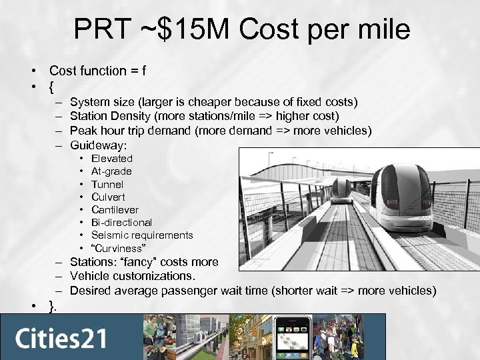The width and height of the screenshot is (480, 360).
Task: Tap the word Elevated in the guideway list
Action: point(111,159)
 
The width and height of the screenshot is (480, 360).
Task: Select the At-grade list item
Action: point(111,171)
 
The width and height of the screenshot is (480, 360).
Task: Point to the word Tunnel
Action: point(107,184)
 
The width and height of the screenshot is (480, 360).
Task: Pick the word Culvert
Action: point(108,197)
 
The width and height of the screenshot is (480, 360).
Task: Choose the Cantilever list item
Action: point(115,209)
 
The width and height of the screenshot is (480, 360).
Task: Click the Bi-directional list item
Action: point(121,222)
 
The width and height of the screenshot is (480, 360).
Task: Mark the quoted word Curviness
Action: point(116,247)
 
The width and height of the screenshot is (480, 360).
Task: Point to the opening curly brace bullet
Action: point(52,86)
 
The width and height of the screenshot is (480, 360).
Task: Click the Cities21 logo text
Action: point(61,337)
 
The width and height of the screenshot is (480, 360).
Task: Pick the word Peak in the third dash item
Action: point(83,129)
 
